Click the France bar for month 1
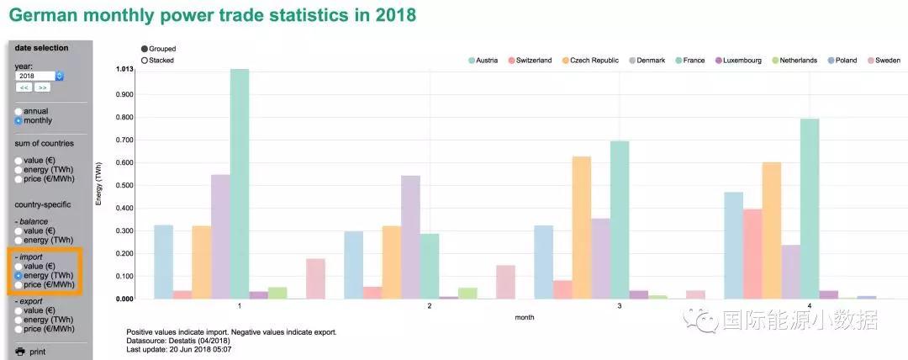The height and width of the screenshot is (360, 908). [x=240, y=183]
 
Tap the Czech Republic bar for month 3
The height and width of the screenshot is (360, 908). [x=582, y=227]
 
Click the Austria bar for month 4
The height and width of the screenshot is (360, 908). [x=734, y=245]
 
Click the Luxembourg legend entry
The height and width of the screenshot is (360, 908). [x=737, y=61]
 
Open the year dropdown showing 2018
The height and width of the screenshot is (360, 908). [x=40, y=76]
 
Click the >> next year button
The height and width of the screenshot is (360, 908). [x=43, y=87]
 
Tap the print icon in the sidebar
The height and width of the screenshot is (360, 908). [x=20, y=352]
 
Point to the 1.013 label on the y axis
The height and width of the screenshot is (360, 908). [x=124, y=70]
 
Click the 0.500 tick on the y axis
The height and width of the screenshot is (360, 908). [x=124, y=185]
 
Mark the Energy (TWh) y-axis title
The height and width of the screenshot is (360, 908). [x=100, y=183]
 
